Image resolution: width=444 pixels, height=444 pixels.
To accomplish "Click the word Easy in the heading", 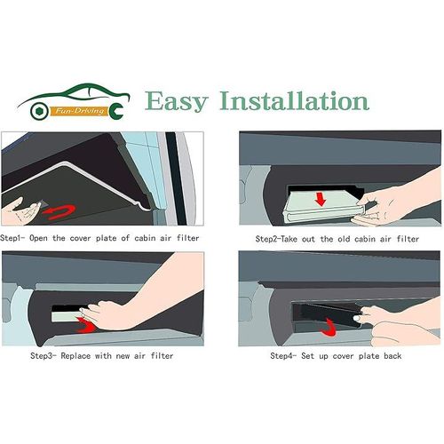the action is click(177, 102).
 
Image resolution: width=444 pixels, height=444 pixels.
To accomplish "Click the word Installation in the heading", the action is click(294, 100).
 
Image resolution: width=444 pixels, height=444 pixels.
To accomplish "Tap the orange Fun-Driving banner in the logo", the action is click(80, 111).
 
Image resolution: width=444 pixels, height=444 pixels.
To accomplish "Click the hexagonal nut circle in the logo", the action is click(39, 111).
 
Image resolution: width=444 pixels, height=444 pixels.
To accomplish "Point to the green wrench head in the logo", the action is click(116, 110).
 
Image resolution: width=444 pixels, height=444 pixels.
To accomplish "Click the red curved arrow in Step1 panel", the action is click(59, 211).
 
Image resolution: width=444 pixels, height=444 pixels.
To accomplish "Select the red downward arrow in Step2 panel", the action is click(321, 199).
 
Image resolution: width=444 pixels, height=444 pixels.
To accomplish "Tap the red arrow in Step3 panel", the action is click(86, 325).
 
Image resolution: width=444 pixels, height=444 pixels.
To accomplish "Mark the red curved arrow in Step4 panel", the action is click(329, 328).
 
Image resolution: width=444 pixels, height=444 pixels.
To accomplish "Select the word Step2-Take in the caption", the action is click(276, 239).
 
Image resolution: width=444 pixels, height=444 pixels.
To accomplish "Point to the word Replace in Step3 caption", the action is click(75, 356).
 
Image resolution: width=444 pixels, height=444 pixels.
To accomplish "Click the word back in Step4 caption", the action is click(392, 355).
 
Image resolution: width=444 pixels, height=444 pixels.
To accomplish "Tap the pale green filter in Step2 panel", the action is click(322, 207).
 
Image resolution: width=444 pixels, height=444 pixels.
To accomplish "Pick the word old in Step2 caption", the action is click(344, 239).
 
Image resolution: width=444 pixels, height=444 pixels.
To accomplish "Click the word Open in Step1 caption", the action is click(38, 238).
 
